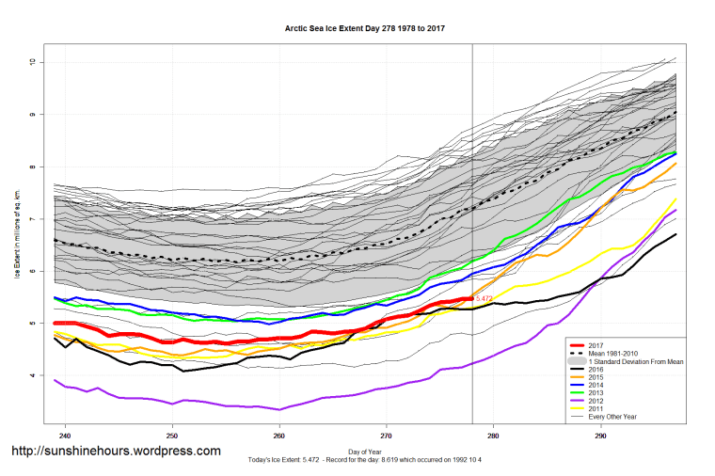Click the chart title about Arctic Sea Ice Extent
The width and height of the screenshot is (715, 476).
click(364, 28)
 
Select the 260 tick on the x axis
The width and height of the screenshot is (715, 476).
click(278, 436)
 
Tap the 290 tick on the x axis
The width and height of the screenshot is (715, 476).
click(599, 436)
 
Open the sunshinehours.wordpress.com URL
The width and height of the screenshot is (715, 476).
click(116, 452)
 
